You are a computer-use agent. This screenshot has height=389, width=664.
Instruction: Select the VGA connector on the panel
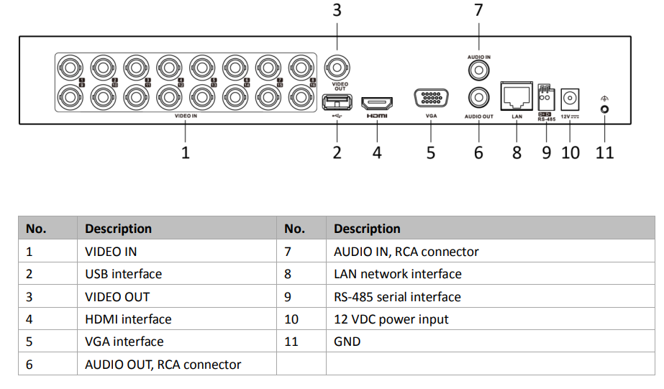[x=431, y=98]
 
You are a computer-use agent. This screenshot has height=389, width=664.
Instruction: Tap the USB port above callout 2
[x=336, y=102]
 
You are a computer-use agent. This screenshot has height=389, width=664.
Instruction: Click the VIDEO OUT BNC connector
[x=336, y=68]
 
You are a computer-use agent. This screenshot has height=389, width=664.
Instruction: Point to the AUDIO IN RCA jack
[x=478, y=70]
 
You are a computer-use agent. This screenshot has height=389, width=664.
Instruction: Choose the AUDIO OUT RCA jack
[x=478, y=96]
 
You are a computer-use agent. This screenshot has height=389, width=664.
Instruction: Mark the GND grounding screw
[x=605, y=109]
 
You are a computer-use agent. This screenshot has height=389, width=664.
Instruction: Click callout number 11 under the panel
[x=605, y=152]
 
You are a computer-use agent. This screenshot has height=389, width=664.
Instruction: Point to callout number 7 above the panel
[x=478, y=10]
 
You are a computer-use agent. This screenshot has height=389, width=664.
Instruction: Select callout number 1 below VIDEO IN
[x=185, y=152]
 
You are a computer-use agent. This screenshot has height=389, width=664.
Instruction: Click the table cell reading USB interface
[x=124, y=274]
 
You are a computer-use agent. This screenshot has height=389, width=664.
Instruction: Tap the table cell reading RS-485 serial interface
[x=397, y=297]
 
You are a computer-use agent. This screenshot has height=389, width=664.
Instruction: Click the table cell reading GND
[x=347, y=342]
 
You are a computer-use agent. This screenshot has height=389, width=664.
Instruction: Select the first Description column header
[x=118, y=229]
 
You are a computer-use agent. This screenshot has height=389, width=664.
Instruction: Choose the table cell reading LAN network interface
[x=398, y=274]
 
